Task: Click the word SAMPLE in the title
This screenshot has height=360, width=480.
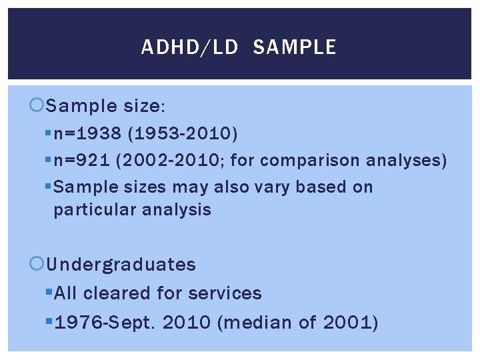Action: (295, 47)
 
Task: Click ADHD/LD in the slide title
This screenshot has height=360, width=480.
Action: (189, 47)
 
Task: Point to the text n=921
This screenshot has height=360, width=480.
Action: (85, 161)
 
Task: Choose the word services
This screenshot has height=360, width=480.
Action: (225, 293)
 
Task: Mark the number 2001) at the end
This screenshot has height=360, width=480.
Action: (350, 323)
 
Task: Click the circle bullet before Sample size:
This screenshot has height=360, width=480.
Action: (38, 105)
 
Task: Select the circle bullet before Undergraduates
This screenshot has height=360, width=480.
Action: (38, 265)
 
